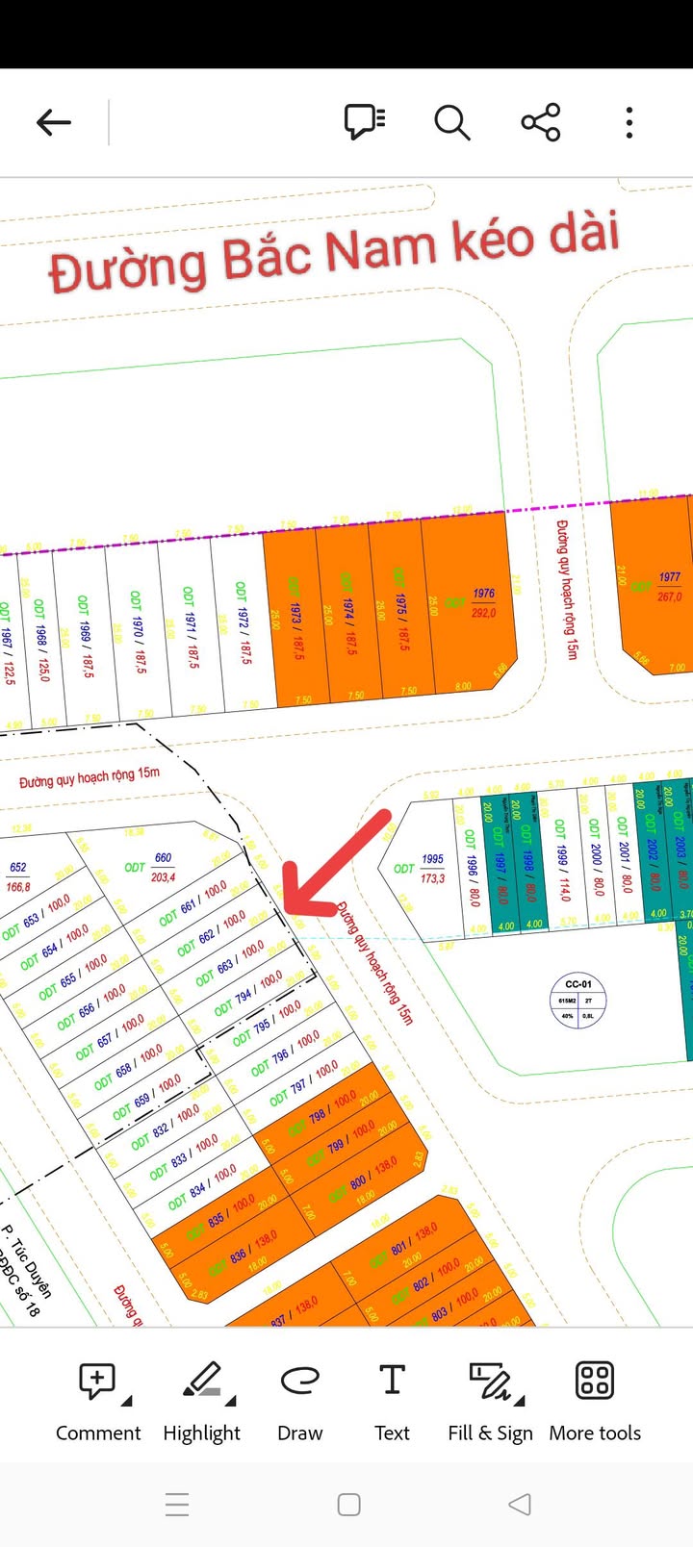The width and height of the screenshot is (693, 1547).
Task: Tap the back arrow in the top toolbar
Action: [54, 122]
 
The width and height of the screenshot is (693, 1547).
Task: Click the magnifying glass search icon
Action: [451, 123]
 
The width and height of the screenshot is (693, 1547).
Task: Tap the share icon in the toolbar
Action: [541, 122]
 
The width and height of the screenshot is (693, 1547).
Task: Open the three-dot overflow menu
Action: [629, 122]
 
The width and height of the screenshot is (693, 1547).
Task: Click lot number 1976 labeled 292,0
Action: [483, 602]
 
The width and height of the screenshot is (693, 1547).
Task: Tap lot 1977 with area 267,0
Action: [670, 586]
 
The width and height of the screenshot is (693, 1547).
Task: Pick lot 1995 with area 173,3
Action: [433, 868]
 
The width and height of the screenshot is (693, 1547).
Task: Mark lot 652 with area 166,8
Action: [18, 876]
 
